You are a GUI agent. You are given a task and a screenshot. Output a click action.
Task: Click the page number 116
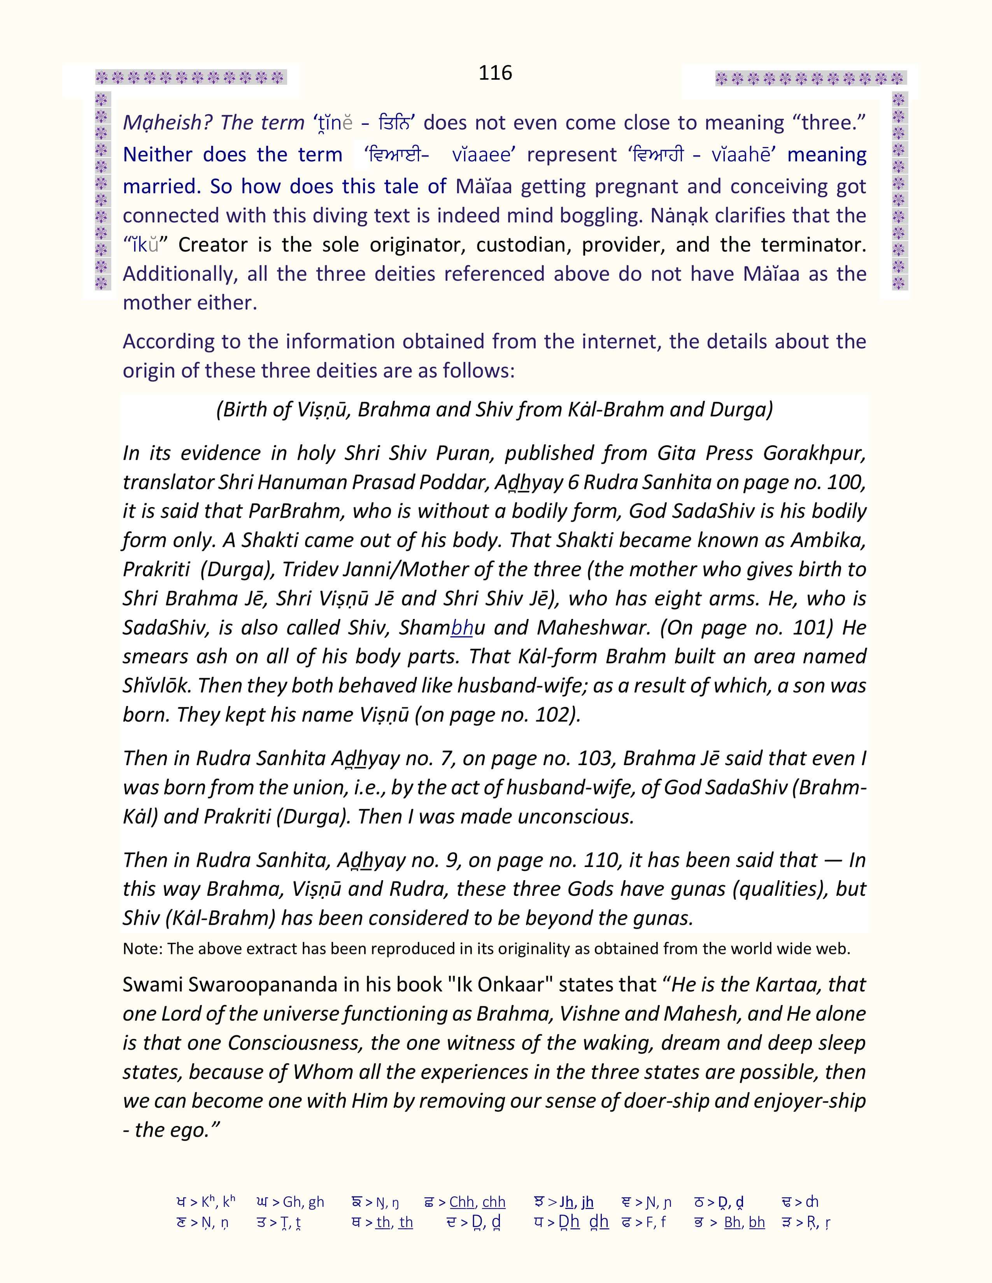pyautogui.click(x=495, y=73)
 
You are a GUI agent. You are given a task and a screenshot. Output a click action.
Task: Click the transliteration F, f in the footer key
pyautogui.click(x=655, y=1222)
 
